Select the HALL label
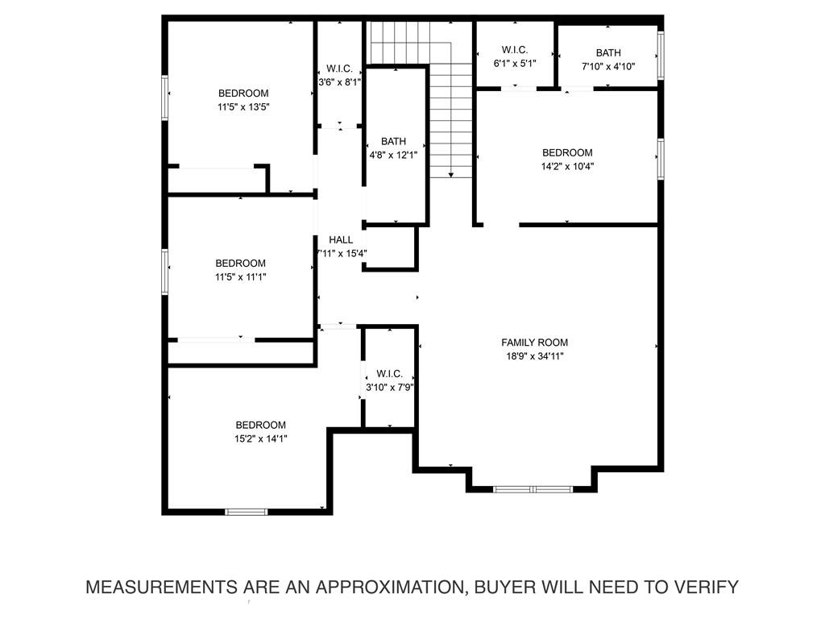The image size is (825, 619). click(x=341, y=240)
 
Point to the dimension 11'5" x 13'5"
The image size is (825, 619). click(x=243, y=106)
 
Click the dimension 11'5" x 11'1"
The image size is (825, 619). click(x=240, y=277)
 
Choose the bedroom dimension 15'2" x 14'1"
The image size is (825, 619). click(x=260, y=439)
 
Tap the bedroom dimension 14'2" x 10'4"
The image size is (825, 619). click(x=567, y=167)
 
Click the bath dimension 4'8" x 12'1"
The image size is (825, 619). click(x=394, y=155)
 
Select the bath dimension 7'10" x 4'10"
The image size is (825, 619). click(x=608, y=67)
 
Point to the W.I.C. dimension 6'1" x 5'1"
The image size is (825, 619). click(x=515, y=63)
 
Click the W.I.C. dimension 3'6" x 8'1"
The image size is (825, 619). click(x=339, y=81)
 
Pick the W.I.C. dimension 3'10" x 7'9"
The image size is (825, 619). click(x=389, y=388)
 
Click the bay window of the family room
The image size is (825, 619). click(x=533, y=488)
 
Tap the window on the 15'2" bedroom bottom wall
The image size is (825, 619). click(x=246, y=511)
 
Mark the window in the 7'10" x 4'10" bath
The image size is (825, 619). click(x=661, y=56)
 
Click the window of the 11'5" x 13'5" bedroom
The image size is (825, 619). click(x=165, y=98)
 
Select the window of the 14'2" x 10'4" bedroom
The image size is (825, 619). click(x=661, y=158)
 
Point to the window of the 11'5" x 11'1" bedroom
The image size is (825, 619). click(x=165, y=272)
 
